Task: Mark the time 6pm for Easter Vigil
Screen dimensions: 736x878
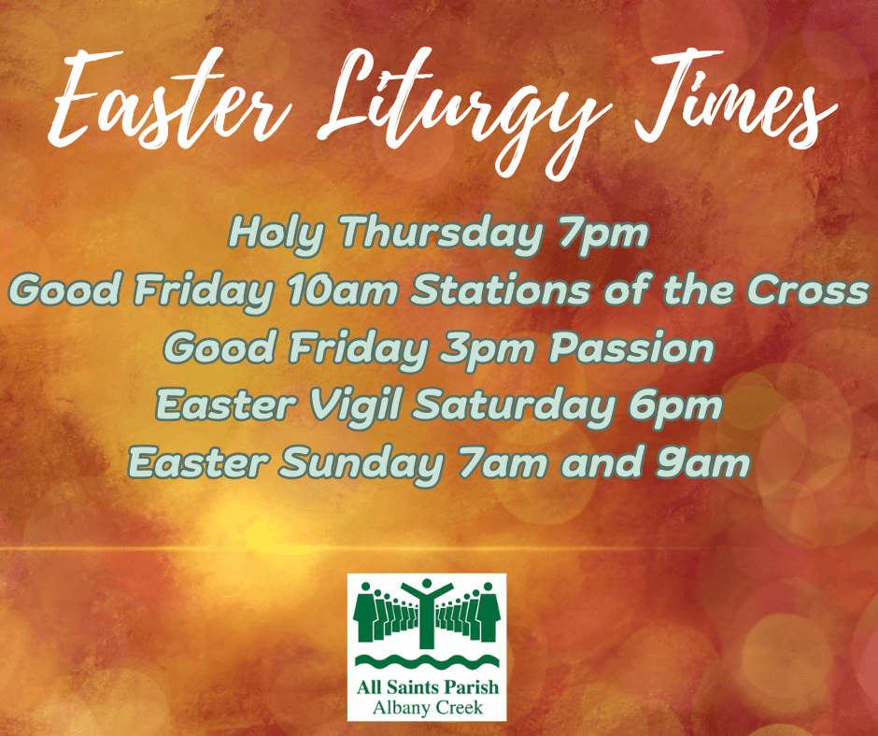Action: pyautogui.click(x=684, y=406)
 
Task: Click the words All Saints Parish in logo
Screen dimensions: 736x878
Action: pyautogui.click(x=427, y=688)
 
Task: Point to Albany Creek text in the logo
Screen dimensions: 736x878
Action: pyautogui.click(x=427, y=707)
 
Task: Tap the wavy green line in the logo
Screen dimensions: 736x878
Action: pyautogui.click(x=427, y=665)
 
